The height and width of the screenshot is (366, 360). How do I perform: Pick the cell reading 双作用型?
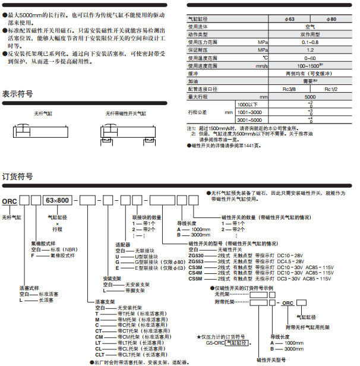click(310, 34)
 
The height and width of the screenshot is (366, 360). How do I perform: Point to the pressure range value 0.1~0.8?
click(310, 43)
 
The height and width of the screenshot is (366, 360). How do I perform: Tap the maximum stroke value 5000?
click(310, 96)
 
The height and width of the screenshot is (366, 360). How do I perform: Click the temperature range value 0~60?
click(310, 58)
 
